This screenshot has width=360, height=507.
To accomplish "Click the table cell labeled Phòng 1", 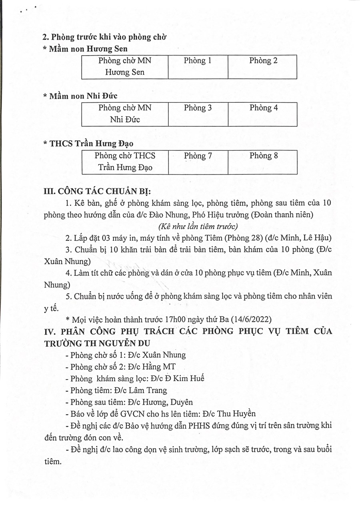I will tap(198, 67).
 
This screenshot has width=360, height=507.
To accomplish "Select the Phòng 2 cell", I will tap(263, 67).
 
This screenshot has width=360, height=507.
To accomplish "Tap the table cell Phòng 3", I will tap(198, 114).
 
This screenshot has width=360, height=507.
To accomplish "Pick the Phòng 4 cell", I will tap(263, 114).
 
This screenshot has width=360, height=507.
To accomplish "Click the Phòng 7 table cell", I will tap(198, 162).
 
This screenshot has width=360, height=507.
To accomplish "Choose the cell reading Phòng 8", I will tap(263, 162).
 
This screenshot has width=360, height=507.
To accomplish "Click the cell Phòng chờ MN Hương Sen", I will tap(125, 67).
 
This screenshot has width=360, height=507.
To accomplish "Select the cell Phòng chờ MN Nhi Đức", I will tap(125, 114).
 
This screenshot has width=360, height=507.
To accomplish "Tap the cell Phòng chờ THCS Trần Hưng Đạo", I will tap(125, 162).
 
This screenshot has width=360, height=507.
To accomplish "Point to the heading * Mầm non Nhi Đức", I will tap(80, 96).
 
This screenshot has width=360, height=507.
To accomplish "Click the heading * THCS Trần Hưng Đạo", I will tap(88, 144).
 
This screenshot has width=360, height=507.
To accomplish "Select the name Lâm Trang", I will tap(150, 390).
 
